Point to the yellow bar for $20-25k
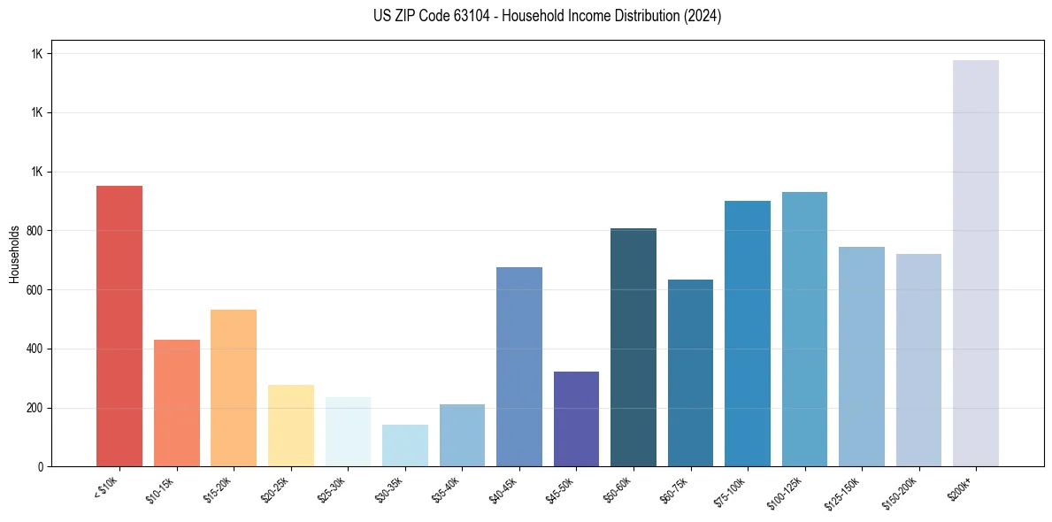tap(290, 426)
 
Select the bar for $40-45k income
tap(519, 366)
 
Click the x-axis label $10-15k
tap(161, 488)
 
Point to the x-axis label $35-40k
tap(447, 488)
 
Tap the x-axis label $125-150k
tap(842, 492)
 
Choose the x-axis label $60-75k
tap(675, 488)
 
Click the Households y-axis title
tap(14, 254)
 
